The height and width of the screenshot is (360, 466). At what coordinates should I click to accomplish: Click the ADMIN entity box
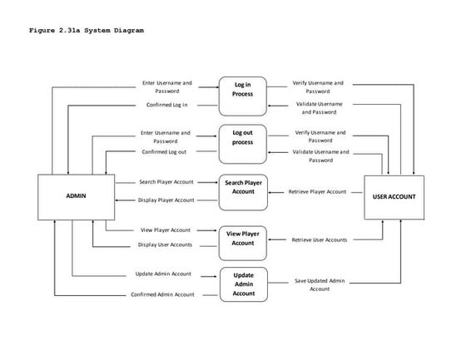(x=77, y=197)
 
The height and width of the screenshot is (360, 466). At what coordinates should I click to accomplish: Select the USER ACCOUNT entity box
(x=394, y=197)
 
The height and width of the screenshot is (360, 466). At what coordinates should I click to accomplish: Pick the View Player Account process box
(x=243, y=238)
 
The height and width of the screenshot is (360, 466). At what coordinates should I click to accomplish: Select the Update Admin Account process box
(x=243, y=284)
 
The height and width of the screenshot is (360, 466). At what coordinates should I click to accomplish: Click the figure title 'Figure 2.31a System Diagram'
(x=86, y=31)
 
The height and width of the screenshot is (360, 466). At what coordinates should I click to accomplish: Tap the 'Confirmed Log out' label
(x=164, y=151)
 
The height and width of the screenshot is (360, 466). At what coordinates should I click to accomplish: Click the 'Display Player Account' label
(x=166, y=200)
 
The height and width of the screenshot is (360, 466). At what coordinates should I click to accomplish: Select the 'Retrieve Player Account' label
(x=317, y=191)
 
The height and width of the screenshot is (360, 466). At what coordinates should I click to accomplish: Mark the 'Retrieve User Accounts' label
(x=319, y=239)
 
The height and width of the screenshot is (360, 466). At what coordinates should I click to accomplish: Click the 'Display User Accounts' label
(x=165, y=244)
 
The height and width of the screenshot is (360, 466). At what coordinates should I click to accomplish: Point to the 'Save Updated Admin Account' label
(x=319, y=284)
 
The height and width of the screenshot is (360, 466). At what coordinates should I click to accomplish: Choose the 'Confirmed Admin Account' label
(x=163, y=294)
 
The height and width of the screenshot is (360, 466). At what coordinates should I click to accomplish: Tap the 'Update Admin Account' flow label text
(x=164, y=274)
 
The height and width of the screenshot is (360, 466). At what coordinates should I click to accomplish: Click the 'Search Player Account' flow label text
(x=166, y=182)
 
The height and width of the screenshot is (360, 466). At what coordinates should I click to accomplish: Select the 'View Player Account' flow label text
(x=165, y=229)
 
